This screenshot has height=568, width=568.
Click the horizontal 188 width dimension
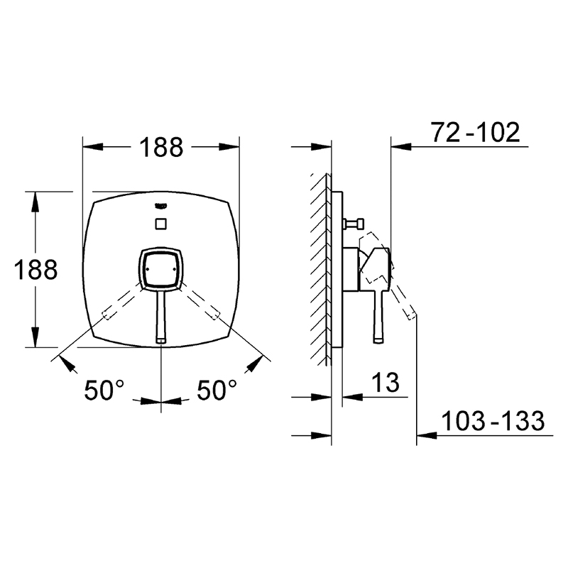[x=162, y=147]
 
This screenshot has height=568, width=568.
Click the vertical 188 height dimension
[x=36, y=270]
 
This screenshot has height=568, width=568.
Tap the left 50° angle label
[x=104, y=390]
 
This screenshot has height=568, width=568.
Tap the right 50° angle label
[x=217, y=390]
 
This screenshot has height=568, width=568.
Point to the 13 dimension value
[x=386, y=383]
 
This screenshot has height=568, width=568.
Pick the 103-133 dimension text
[x=493, y=421]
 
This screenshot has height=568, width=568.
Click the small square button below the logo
[x=161, y=224]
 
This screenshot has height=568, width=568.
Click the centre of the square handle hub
[x=161, y=269]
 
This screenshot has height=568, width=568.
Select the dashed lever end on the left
[x=106, y=315]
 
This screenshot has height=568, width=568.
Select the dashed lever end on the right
[x=216, y=315]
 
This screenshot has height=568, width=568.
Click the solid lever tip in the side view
[x=378, y=341]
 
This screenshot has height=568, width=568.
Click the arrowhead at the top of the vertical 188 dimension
[x=35, y=202]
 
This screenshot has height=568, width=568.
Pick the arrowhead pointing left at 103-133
[x=427, y=435]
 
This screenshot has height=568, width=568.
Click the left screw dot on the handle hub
[x=147, y=269]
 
